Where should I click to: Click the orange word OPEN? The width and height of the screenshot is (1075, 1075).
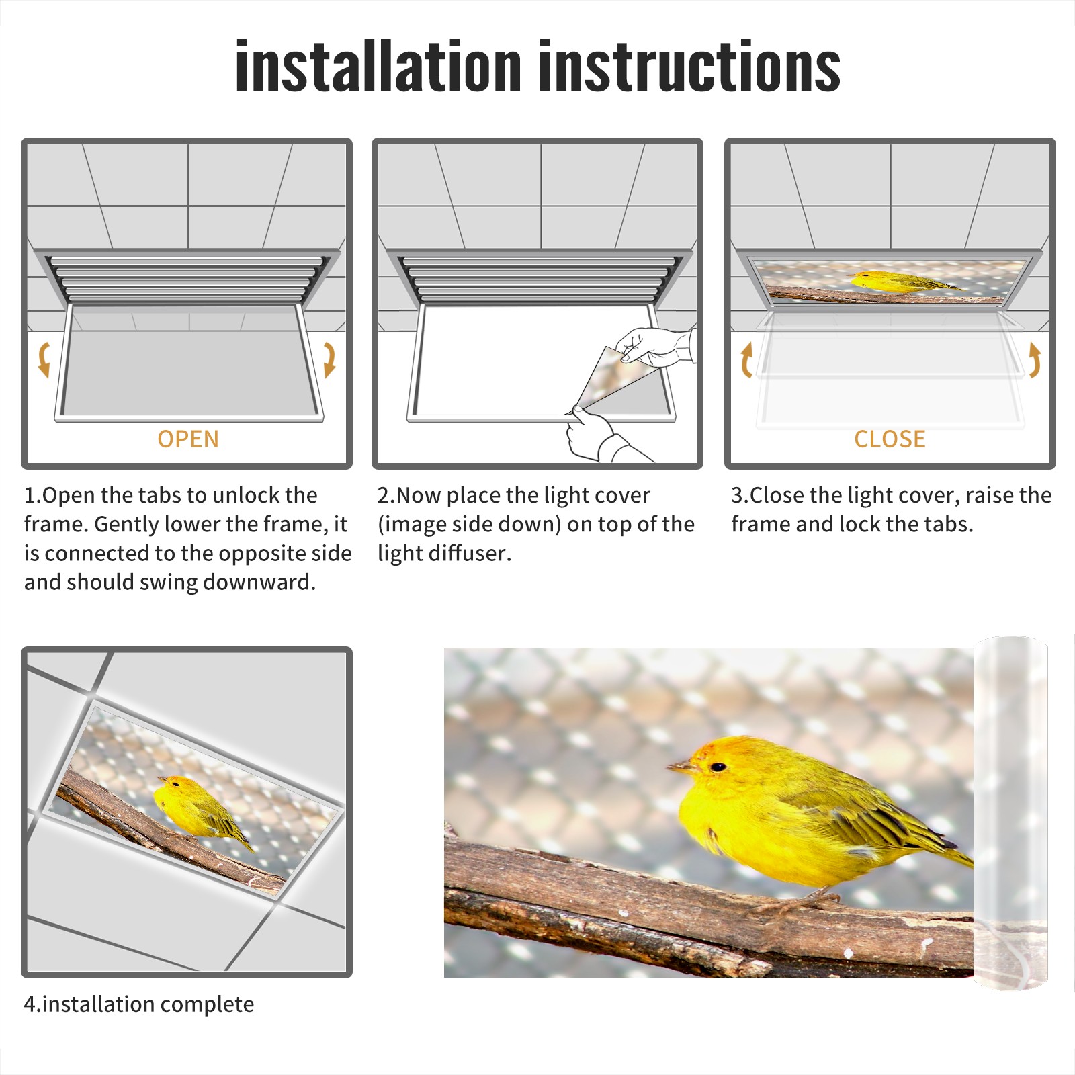[188, 439]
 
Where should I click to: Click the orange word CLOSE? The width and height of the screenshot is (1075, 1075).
[890, 439]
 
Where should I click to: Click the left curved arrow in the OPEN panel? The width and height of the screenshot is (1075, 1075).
[44, 359]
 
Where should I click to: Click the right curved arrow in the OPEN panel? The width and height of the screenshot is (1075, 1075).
[329, 359]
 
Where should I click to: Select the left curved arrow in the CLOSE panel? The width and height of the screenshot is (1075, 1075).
[746, 359]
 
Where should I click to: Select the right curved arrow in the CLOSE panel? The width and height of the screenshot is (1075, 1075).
[1035, 359]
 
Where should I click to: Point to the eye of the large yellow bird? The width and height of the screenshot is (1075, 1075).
[718, 767]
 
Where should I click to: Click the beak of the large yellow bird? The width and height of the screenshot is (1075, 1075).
[680, 765]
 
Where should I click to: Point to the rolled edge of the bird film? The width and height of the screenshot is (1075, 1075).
[1010, 813]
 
